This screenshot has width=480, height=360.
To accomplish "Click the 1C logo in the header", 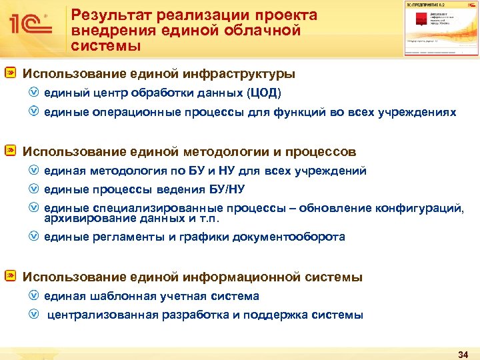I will [30, 25].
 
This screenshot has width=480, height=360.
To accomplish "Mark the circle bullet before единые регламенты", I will [35, 237].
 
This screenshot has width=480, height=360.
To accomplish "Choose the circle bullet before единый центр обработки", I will [35, 93].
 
